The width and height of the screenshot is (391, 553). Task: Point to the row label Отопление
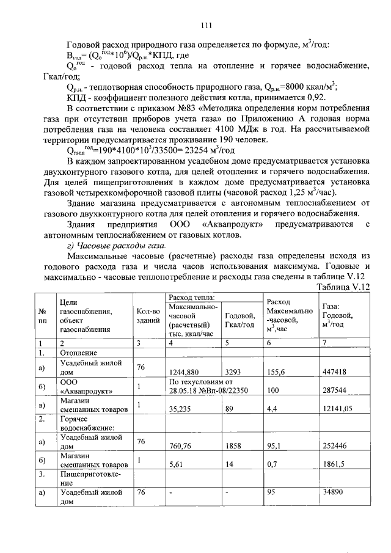[x=77, y=353]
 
